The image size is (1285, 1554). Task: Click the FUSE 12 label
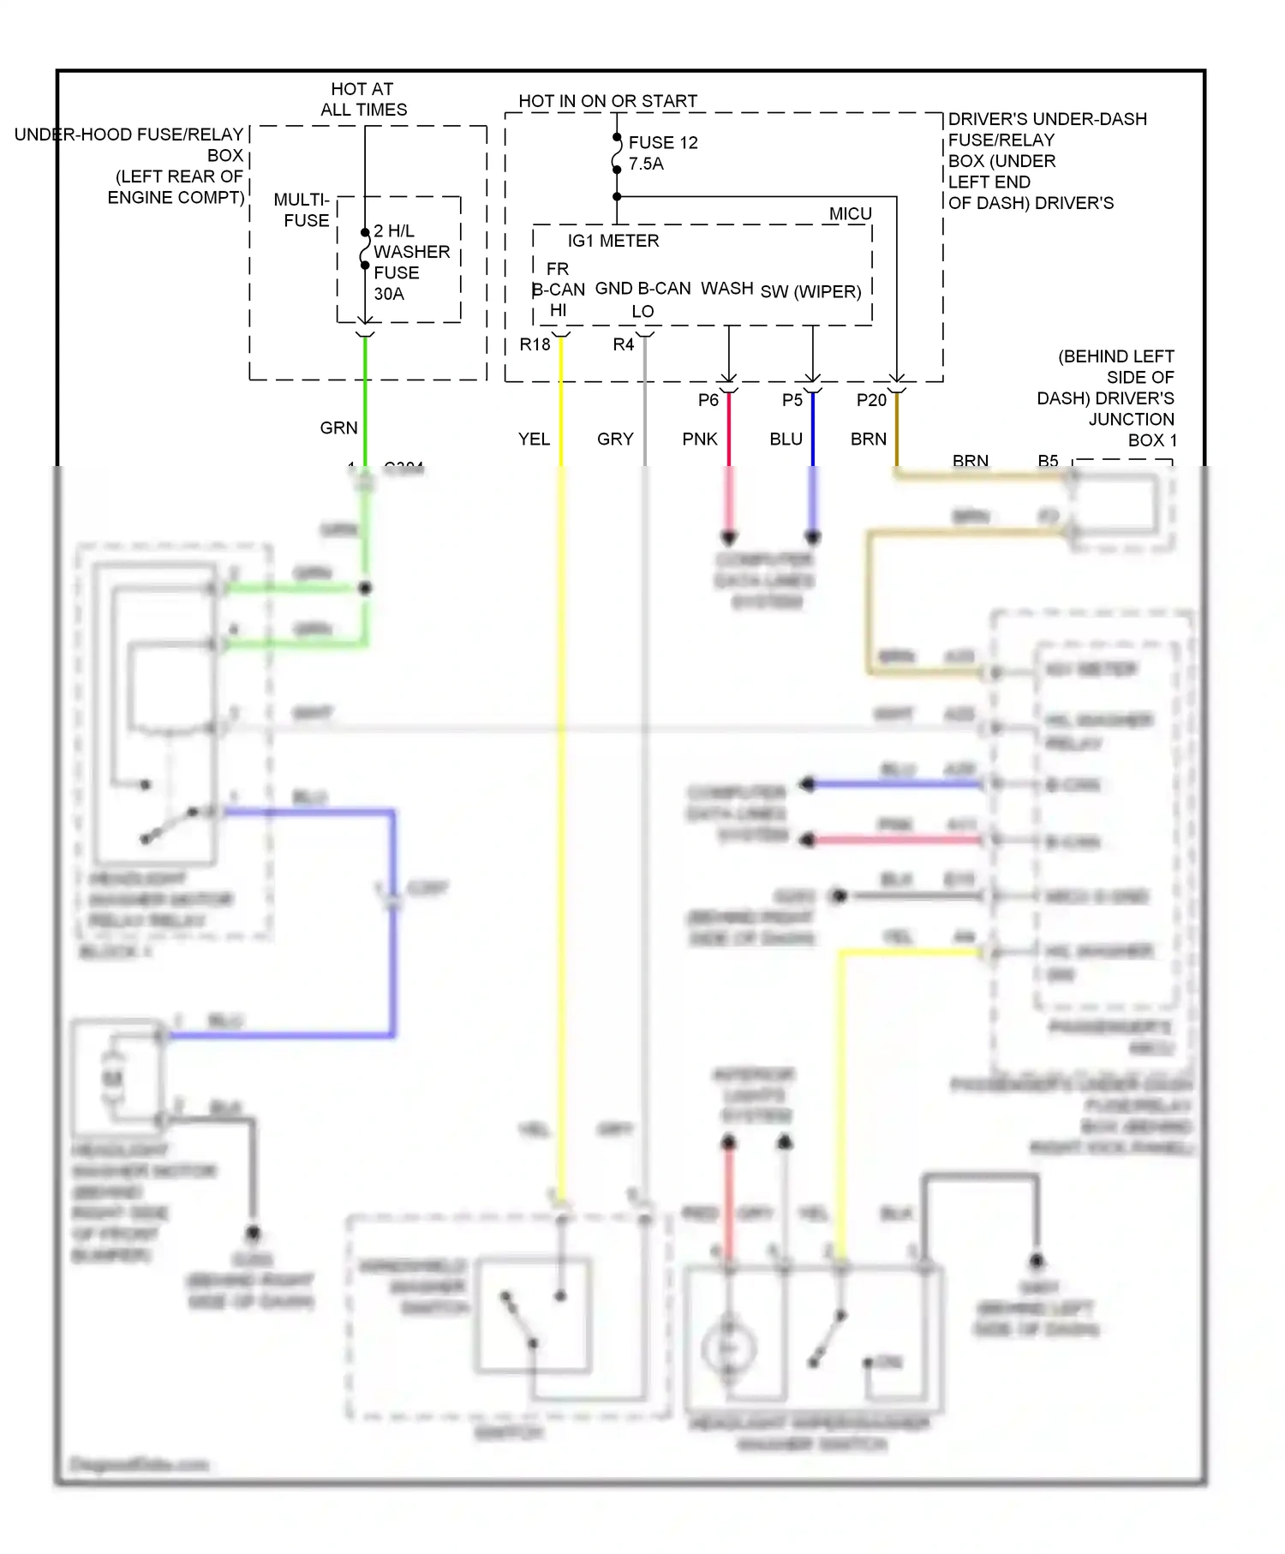(662, 142)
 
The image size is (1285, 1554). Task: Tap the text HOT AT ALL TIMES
(363, 99)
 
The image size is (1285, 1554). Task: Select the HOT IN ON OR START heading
(607, 101)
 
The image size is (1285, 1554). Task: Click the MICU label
(850, 213)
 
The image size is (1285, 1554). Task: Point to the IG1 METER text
(613, 241)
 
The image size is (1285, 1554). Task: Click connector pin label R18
(535, 344)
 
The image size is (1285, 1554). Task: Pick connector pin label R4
(623, 344)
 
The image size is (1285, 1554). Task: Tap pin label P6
(708, 400)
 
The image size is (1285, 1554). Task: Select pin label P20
(871, 400)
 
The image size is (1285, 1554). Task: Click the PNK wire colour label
(699, 439)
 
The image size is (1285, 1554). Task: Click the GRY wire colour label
(615, 439)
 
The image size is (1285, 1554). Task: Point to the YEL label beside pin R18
(534, 439)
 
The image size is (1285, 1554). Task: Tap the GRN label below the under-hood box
(338, 427)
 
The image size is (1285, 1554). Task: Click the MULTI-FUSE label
(302, 210)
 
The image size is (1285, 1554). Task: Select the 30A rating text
(389, 294)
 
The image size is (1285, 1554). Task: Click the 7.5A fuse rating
(646, 164)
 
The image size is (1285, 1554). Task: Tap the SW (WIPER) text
(810, 291)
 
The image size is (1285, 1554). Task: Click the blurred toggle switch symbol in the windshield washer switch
(521, 1319)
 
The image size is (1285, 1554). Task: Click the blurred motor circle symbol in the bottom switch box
(728, 1348)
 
